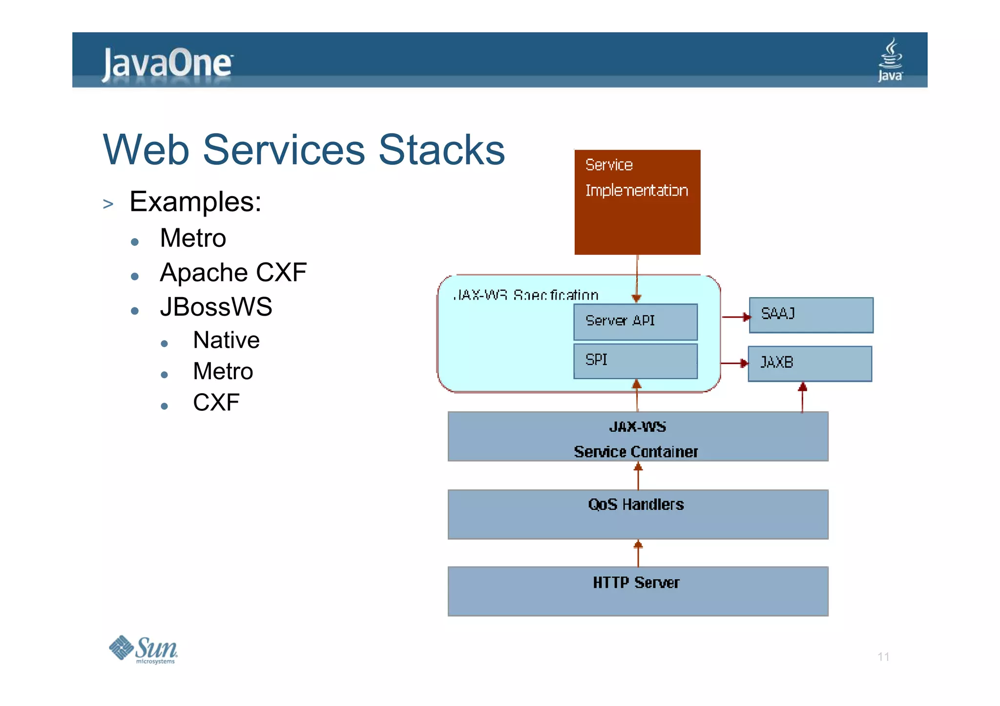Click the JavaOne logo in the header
click(x=167, y=63)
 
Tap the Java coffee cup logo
click(x=890, y=60)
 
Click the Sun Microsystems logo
click(x=144, y=649)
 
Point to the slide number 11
click(x=883, y=657)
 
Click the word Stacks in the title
click(x=441, y=150)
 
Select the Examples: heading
click(x=195, y=202)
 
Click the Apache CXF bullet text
click(x=233, y=272)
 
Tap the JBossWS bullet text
click(x=216, y=307)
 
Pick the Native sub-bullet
click(x=226, y=340)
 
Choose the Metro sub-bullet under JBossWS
click(x=223, y=371)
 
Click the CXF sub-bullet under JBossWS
click(x=216, y=403)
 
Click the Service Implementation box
click(x=637, y=202)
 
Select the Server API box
click(x=635, y=322)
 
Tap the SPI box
click(x=635, y=361)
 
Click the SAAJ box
click(x=811, y=315)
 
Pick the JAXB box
click(x=810, y=363)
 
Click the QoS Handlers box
click(x=638, y=514)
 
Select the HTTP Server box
click(x=638, y=591)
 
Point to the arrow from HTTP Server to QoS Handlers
click(x=638, y=553)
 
